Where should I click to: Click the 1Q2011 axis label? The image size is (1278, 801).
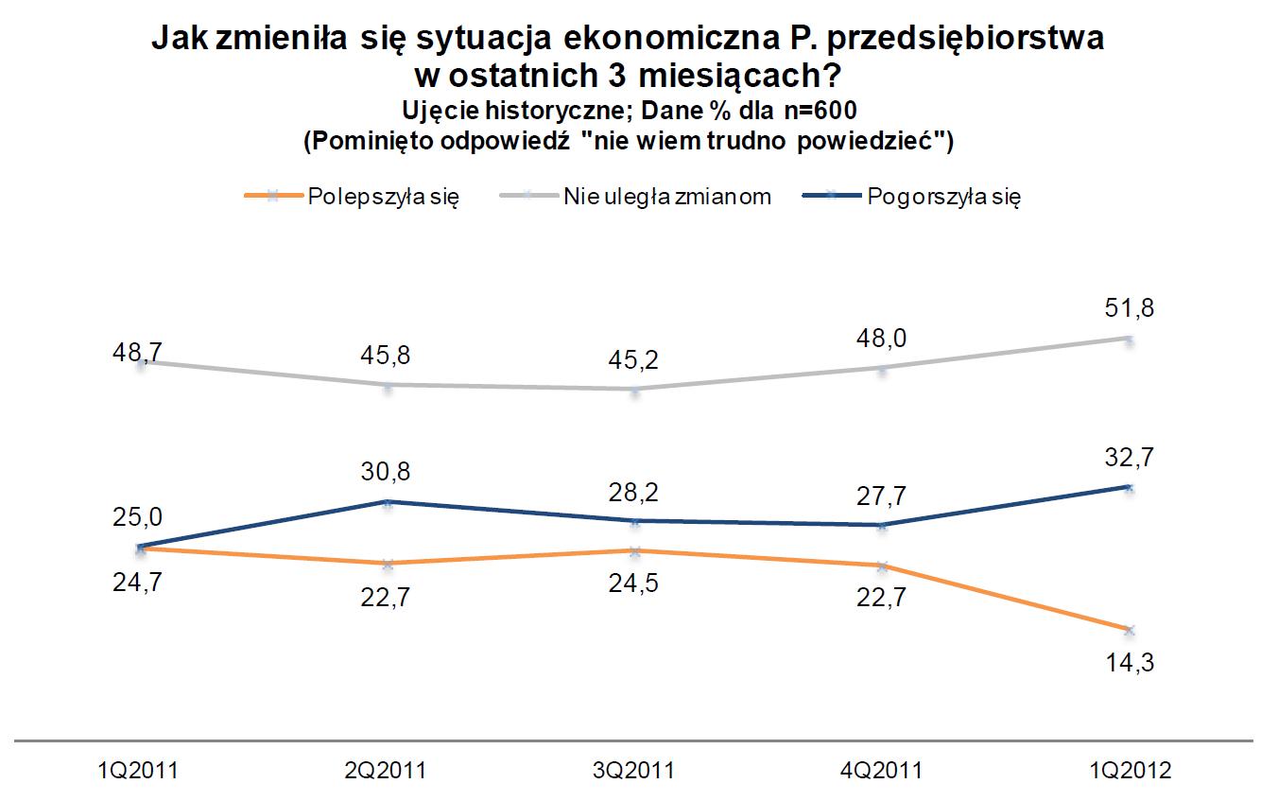tap(139, 771)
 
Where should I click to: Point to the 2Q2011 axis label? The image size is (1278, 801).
tap(387, 771)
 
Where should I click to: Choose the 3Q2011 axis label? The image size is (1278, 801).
tap(634, 771)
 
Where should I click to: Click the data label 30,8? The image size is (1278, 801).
tap(387, 471)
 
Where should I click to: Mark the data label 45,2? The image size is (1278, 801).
tap(634, 360)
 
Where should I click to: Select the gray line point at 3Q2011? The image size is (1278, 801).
tap(634, 389)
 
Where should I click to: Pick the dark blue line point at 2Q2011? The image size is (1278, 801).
tap(387, 501)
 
